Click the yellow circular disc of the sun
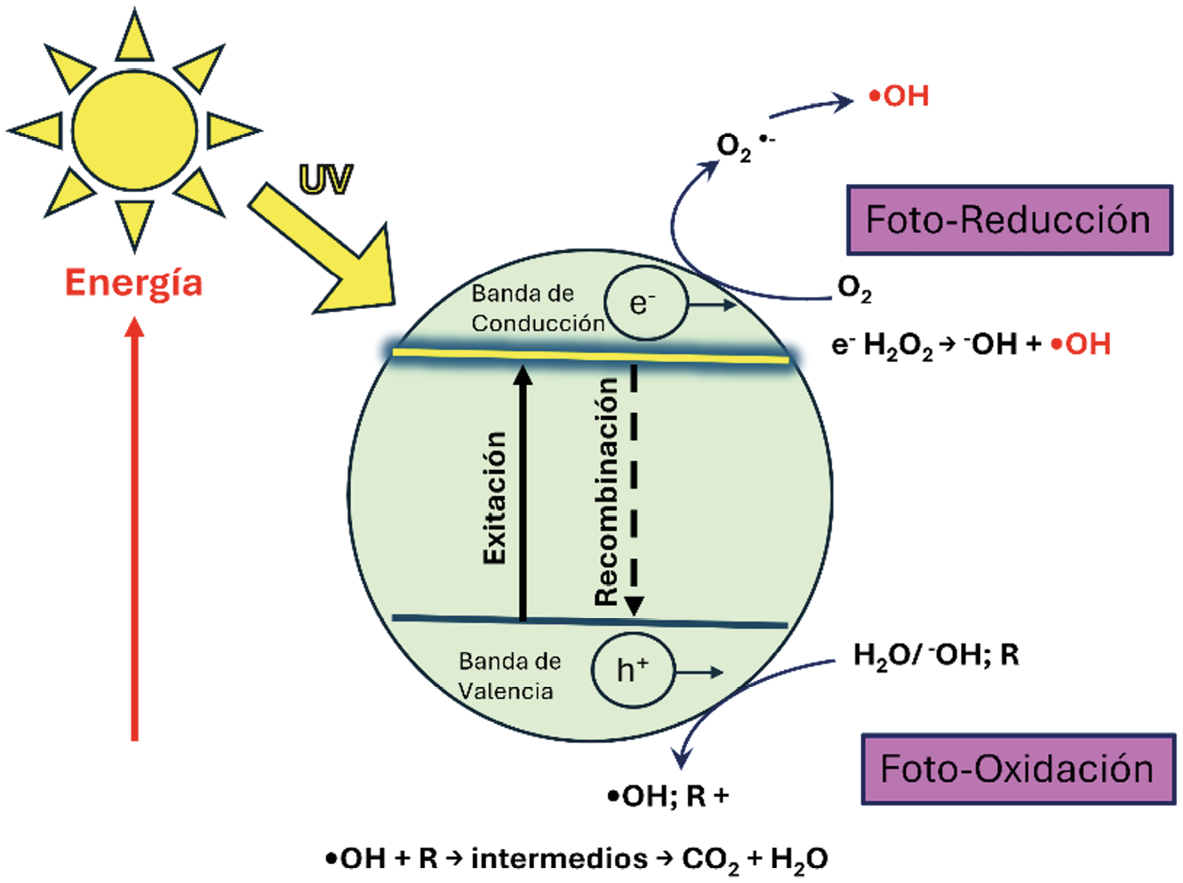135,131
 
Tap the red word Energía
133,283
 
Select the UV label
325,180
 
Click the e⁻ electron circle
645,302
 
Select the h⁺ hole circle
632,670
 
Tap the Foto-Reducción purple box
1009,220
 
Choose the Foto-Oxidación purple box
1017,769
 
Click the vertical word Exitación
495,497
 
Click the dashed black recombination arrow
634,488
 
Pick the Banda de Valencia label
509,676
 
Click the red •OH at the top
899,96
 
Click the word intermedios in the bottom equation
559,859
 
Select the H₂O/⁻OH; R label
936,655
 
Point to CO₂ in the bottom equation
710,859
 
